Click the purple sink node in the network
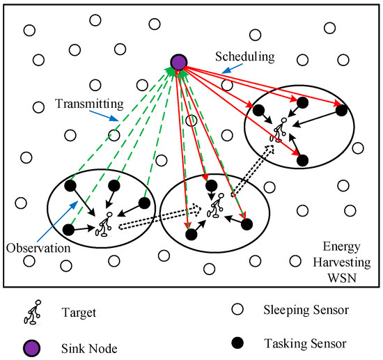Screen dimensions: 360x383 click(178, 62)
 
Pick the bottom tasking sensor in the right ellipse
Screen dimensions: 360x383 click(302, 159)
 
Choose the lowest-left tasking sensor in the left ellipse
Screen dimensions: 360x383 click(68, 229)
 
